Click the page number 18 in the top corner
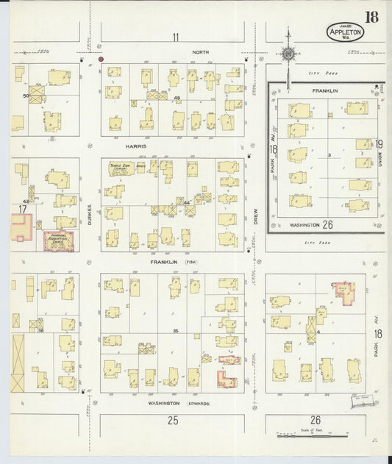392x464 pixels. [372, 16]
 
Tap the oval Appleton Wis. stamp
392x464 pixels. [344, 32]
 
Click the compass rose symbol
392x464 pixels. [288, 54]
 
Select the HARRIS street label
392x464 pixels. [136, 146]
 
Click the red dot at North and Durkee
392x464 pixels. [101, 58]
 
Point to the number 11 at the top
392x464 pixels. [175, 37]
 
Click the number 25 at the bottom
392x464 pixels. [173, 421]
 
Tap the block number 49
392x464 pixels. [177, 98]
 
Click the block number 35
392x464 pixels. [175, 331]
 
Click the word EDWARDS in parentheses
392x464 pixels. [199, 403]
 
